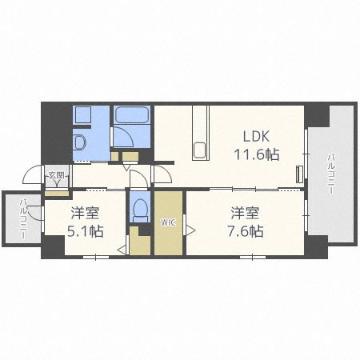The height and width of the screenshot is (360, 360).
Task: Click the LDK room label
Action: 256,136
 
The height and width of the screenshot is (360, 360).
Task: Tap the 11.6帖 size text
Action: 257,154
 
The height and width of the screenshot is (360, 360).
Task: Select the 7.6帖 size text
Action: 246,231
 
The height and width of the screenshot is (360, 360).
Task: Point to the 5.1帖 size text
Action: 85,231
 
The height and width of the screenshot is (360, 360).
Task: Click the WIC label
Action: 168,222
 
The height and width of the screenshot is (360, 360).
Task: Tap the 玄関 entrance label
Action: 56,175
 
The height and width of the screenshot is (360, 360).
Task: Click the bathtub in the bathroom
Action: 131,114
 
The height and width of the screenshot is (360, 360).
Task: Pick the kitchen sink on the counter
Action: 199,150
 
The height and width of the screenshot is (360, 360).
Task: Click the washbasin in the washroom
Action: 79,142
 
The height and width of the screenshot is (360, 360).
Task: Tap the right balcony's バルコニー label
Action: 331,174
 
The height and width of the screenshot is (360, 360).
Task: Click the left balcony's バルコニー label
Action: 23,218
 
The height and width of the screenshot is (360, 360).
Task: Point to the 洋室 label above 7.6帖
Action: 245,213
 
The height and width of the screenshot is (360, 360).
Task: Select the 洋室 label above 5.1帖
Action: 85,213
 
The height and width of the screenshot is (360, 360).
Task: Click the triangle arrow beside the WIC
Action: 190,230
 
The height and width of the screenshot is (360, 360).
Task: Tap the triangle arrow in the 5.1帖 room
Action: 122,250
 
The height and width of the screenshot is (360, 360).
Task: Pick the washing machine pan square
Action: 83,114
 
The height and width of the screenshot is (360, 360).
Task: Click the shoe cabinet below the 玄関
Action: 57,193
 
